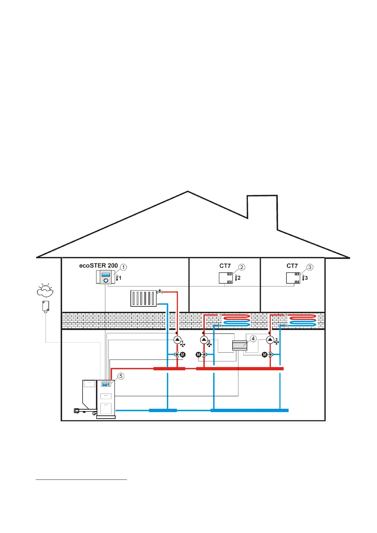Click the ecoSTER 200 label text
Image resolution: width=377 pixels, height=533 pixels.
(x=98, y=266)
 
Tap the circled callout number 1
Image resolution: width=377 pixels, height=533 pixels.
(x=123, y=267)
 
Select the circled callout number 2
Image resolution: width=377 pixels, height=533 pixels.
(x=242, y=267)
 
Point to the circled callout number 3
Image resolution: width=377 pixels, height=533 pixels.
(x=310, y=267)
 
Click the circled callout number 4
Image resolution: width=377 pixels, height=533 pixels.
(x=253, y=339)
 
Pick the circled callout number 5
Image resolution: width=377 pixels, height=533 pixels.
(x=121, y=376)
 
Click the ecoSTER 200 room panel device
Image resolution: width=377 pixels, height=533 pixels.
(x=105, y=278)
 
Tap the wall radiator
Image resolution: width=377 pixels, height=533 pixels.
(x=143, y=298)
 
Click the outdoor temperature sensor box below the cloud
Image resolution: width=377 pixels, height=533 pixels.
(x=46, y=306)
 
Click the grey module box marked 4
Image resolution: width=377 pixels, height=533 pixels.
(x=240, y=345)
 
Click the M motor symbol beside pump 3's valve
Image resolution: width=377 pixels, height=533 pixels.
(x=265, y=355)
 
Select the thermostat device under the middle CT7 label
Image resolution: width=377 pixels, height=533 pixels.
(x=226, y=278)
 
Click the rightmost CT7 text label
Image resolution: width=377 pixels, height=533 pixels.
(x=292, y=266)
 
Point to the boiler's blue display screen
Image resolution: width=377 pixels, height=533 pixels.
(x=105, y=384)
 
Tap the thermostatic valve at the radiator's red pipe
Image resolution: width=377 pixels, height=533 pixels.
(x=160, y=292)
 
